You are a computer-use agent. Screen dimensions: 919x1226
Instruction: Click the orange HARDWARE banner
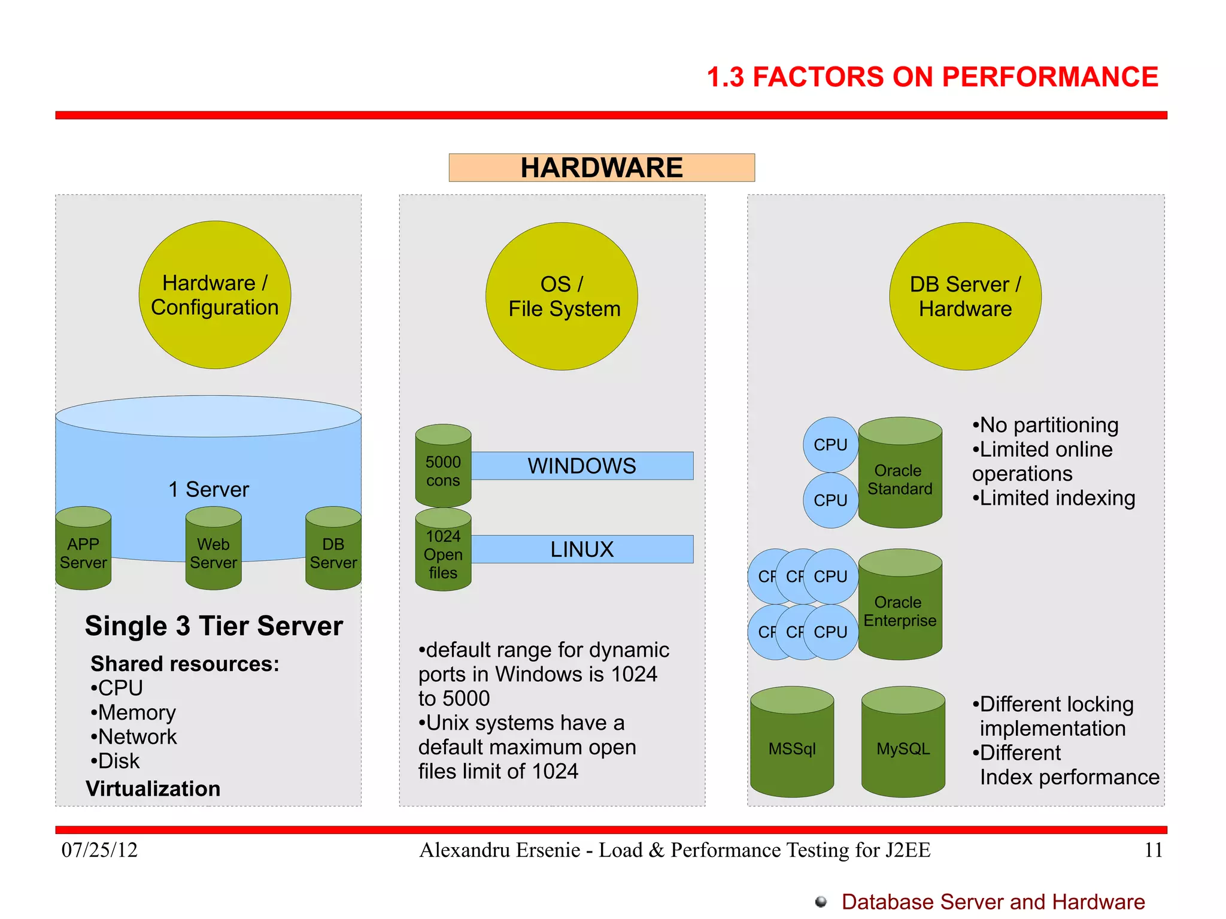coord(601,168)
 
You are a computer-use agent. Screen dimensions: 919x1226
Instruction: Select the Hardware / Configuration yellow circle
coord(214,295)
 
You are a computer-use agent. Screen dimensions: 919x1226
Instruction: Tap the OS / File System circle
coord(562,296)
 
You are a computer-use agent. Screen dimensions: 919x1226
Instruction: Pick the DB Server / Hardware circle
coord(965,296)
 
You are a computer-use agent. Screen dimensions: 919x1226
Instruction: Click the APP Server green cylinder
coord(83,550)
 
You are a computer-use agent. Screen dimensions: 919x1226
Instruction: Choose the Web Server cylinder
coord(213,550)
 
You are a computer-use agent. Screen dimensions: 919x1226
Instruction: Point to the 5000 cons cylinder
coord(443,467)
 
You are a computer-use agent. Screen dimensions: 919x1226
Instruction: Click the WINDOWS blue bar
coord(582,466)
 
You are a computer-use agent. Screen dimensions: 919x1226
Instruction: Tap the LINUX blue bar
coord(582,549)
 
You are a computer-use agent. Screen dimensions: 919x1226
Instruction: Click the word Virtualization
coord(153,788)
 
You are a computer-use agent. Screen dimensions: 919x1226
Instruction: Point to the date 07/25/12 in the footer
coord(99,850)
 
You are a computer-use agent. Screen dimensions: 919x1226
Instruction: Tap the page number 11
coord(1153,850)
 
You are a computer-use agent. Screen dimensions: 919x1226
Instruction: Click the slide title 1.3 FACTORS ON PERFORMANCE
coord(932,77)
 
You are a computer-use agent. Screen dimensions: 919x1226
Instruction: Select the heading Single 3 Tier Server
coord(214,626)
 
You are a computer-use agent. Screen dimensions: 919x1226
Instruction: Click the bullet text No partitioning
coord(1049,425)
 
